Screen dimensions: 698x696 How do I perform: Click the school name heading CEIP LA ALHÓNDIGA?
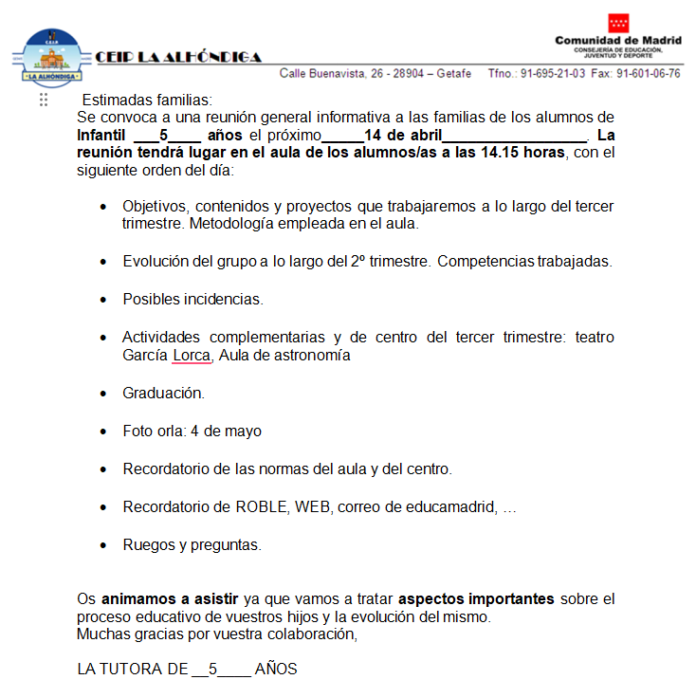pyautogui.click(x=179, y=57)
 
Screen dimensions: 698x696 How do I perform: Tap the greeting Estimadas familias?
pyautogui.click(x=147, y=101)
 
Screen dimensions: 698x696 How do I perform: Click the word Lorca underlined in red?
pyautogui.click(x=192, y=356)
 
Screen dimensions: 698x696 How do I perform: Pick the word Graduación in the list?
pyautogui.click(x=163, y=393)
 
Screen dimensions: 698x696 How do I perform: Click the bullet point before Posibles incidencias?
pyautogui.click(x=103, y=300)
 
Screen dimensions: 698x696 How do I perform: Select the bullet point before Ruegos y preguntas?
pyautogui.click(x=103, y=545)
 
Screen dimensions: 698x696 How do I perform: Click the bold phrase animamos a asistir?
pyautogui.click(x=170, y=598)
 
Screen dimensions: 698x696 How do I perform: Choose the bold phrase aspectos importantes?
pyautogui.click(x=476, y=598)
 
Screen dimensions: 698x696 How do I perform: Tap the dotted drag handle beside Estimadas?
pyautogui.click(x=44, y=101)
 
